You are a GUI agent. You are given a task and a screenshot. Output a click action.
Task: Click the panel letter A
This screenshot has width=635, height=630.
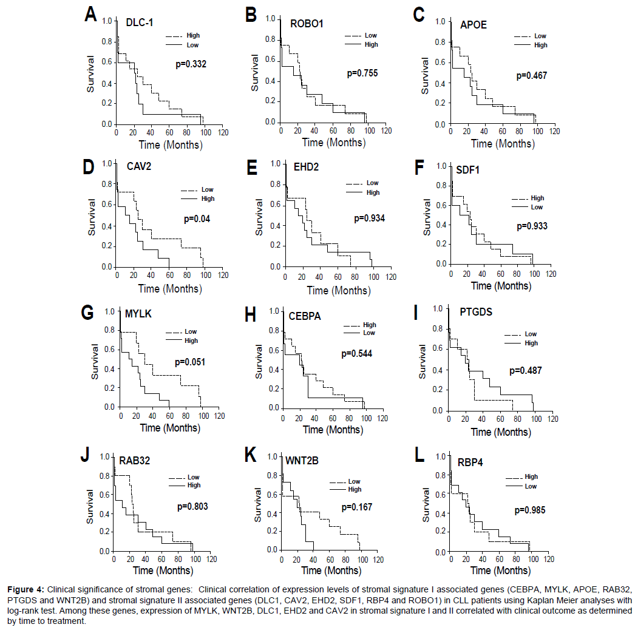(x=91, y=14)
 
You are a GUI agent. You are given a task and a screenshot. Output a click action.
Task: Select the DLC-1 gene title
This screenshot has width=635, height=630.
(x=140, y=22)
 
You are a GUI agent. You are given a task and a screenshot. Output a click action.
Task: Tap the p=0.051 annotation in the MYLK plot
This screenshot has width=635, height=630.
(x=190, y=362)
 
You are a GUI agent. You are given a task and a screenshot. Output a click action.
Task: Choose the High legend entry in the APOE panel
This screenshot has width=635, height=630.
(x=540, y=45)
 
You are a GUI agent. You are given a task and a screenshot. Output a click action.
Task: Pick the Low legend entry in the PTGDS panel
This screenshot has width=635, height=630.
(x=531, y=334)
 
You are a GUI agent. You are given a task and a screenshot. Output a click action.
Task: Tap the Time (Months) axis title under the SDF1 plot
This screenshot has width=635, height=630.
(x=501, y=285)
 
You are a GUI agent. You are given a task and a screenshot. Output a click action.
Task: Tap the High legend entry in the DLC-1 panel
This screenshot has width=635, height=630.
(x=192, y=36)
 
